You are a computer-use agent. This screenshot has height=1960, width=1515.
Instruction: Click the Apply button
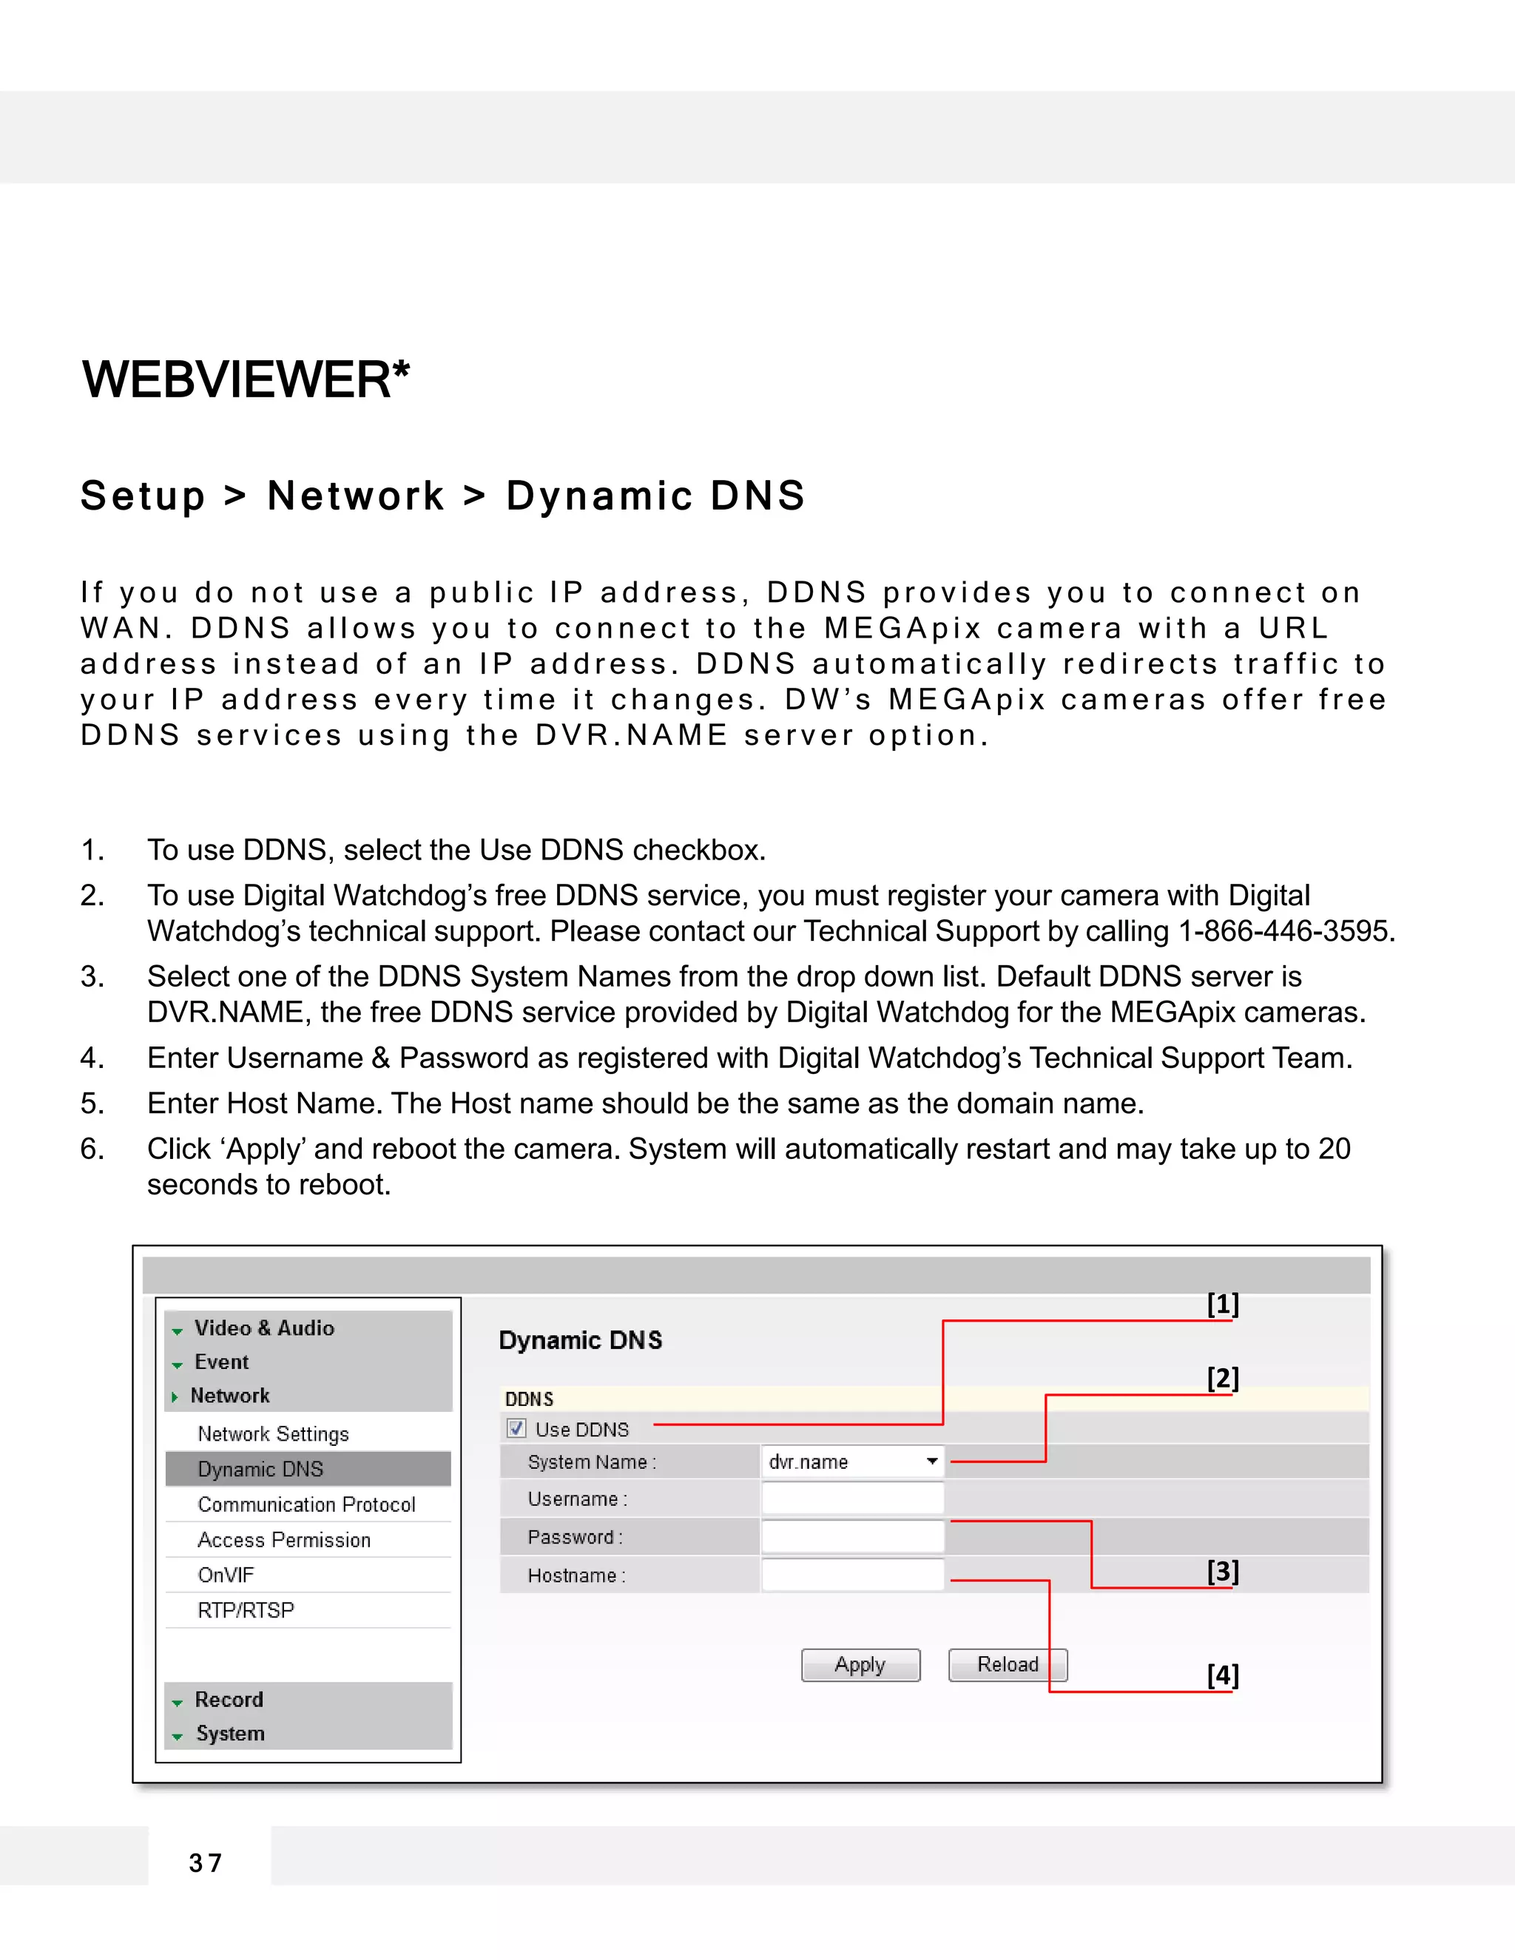(860, 1665)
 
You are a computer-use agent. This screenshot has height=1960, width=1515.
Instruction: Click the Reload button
(1007, 1665)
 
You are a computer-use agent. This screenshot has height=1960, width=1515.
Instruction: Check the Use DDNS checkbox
(516, 1429)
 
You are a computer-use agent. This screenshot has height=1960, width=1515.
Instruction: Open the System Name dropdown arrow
(931, 1462)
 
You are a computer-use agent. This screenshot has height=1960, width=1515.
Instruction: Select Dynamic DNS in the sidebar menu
(260, 1469)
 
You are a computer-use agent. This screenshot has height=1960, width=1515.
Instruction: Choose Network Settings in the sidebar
(273, 1434)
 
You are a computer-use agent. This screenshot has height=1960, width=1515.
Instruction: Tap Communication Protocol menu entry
(306, 1505)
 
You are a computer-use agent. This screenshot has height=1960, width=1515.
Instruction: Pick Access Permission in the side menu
(283, 1540)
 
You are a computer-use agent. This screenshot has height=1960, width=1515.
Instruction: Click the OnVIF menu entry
(226, 1575)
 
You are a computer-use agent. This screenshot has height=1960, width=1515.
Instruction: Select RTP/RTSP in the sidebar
(246, 1610)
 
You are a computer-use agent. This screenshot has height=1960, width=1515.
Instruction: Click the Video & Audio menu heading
(264, 1328)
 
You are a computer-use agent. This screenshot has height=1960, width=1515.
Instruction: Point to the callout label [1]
(1222, 1303)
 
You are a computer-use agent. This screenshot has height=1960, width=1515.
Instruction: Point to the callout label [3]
(1222, 1570)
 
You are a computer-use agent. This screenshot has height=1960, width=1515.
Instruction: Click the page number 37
(206, 1863)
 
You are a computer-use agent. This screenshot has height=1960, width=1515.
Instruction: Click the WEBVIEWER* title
(246, 379)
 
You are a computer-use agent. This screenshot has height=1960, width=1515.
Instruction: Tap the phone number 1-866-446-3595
(1285, 931)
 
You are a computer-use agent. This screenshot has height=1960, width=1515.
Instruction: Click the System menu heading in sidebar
(230, 1733)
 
